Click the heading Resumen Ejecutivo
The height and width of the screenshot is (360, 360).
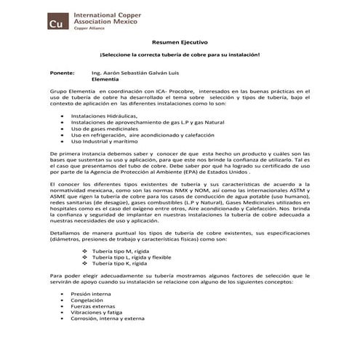click(x=179, y=43)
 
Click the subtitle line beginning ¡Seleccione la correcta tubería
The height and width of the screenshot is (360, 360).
click(x=179, y=55)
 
